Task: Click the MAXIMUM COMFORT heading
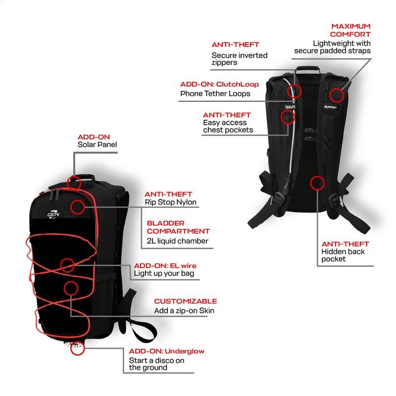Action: coord(350,30)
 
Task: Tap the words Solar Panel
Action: coord(97,145)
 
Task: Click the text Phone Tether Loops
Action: coord(215,94)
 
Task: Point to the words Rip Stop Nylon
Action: coord(170,202)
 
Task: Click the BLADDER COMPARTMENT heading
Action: coord(178,227)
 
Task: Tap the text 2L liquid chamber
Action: coord(177,241)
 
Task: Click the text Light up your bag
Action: coord(164,274)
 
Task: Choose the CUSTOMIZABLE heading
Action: coord(186,301)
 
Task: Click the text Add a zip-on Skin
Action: coord(184,311)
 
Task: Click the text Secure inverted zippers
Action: coord(233,59)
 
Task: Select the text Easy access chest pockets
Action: coord(228,126)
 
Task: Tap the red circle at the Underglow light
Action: coord(77,349)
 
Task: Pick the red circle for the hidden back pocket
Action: coord(317,183)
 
